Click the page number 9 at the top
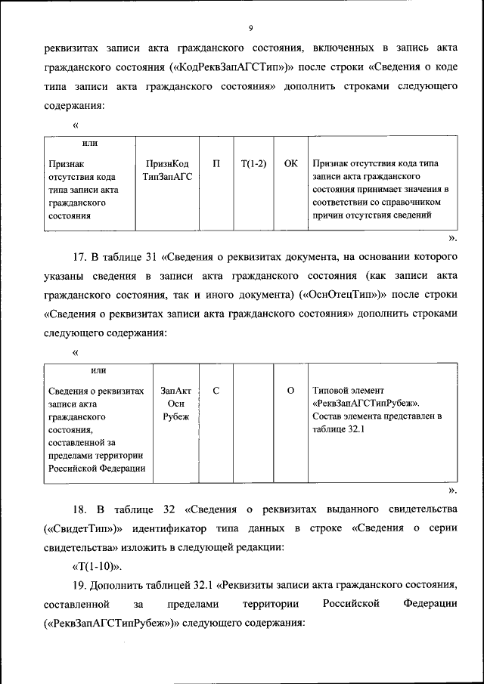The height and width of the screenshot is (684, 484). [250, 29]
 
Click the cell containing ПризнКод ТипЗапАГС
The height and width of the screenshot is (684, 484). [167, 169]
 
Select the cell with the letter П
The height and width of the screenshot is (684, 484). [216, 163]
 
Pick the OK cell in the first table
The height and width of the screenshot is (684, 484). [290, 163]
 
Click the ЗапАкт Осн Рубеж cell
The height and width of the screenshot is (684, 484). [175, 404]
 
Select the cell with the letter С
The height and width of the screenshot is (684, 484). [216, 391]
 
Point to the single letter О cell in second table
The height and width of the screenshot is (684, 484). [290, 391]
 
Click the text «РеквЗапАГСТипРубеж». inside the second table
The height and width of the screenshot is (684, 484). [365, 404]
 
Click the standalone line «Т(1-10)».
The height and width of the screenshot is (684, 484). [96, 566]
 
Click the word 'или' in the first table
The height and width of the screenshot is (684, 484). [89, 143]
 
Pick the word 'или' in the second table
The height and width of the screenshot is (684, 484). [98, 370]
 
